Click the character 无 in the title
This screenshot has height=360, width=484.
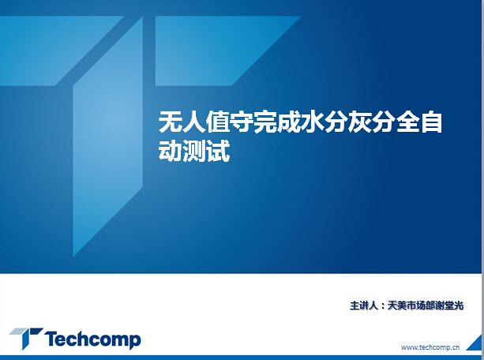pyautogui.click(x=170, y=122)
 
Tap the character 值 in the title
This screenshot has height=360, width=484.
pyautogui.click(x=218, y=122)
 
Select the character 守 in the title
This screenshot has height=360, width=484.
pyautogui.click(x=242, y=122)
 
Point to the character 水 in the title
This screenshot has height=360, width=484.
pyautogui.click(x=313, y=122)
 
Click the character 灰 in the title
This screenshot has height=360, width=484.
pyautogui.click(x=360, y=122)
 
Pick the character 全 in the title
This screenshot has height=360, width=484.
pyautogui.click(x=407, y=122)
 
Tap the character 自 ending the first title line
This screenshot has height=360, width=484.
pyautogui.click(x=432, y=122)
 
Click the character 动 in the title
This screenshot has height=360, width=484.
pyautogui.click(x=170, y=150)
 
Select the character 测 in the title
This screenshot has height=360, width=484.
pyautogui.click(x=194, y=150)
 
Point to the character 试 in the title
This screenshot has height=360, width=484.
pyautogui.click(x=218, y=150)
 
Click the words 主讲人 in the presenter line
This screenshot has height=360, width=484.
pyautogui.click(x=364, y=306)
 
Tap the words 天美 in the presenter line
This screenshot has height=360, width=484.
pyautogui.click(x=397, y=306)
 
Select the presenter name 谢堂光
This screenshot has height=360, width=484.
pyautogui.click(x=449, y=306)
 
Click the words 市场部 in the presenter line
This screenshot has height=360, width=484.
pyautogui.click(x=421, y=306)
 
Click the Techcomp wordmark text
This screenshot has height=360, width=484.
pyautogui.click(x=92, y=339)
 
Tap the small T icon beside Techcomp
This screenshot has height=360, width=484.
pyautogui.click(x=26, y=338)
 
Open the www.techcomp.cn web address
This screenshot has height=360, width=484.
pyautogui.click(x=430, y=347)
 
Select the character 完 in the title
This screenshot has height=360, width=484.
pyautogui.click(x=265, y=122)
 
